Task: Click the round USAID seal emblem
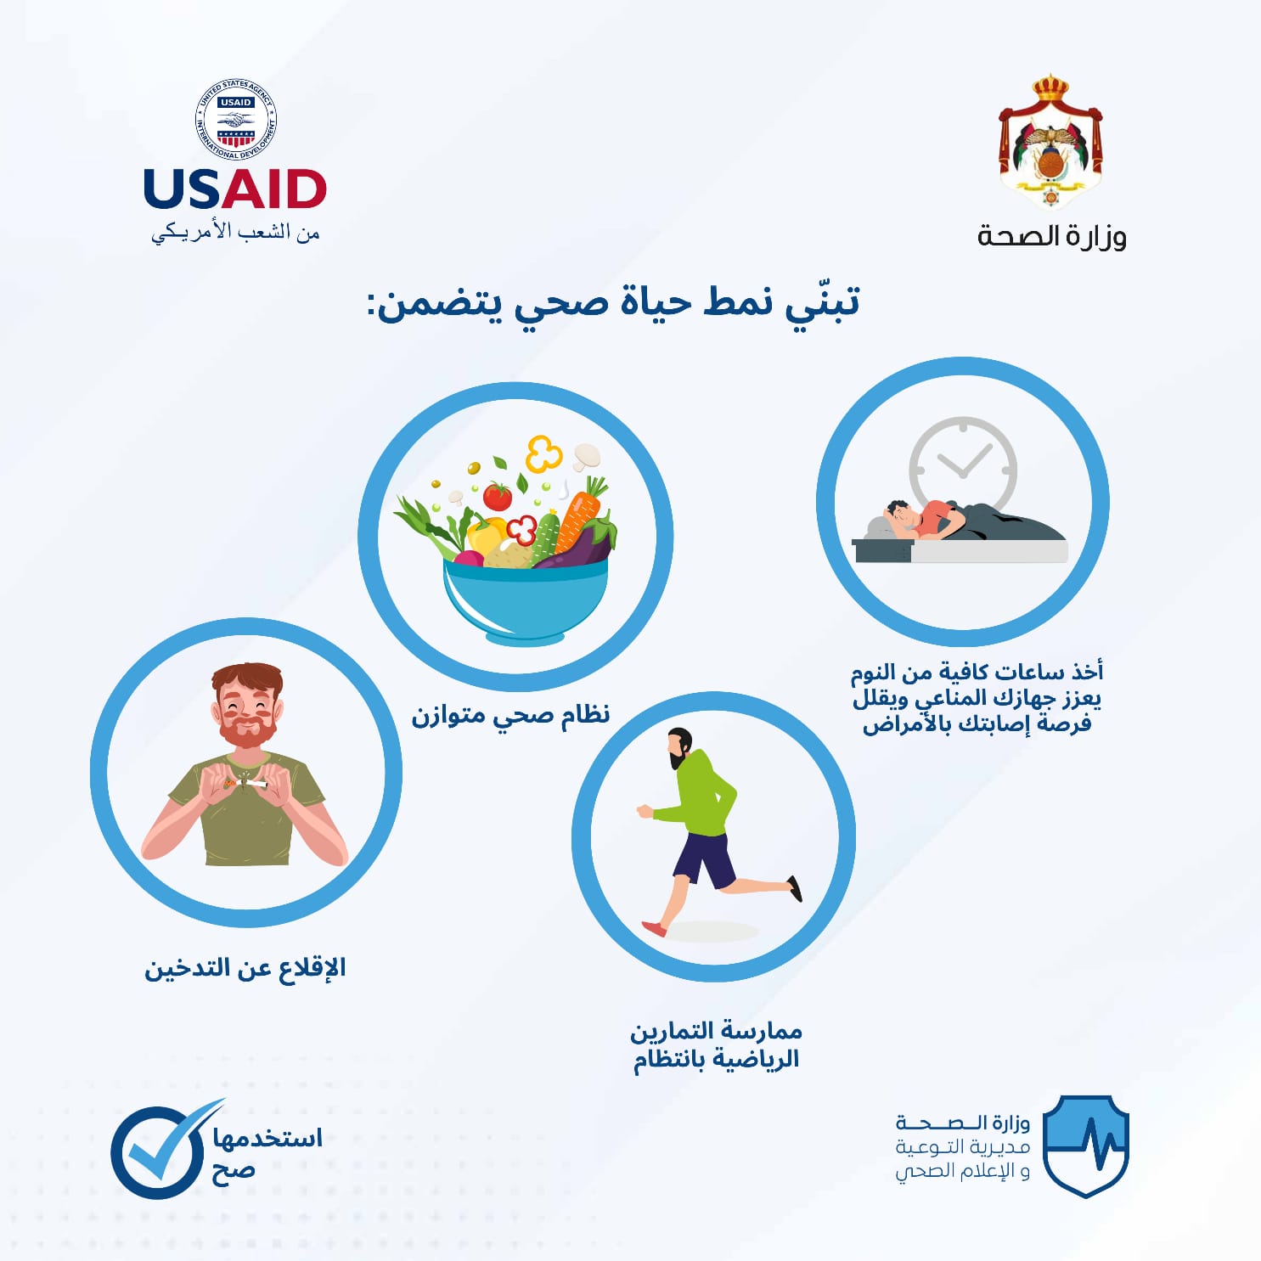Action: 236,121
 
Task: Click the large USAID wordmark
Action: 235,189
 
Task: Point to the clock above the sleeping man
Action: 963,463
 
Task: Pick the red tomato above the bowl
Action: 498,496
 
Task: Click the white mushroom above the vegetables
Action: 587,456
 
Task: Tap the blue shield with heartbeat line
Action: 1085,1145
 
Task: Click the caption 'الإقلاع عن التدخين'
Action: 245,969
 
